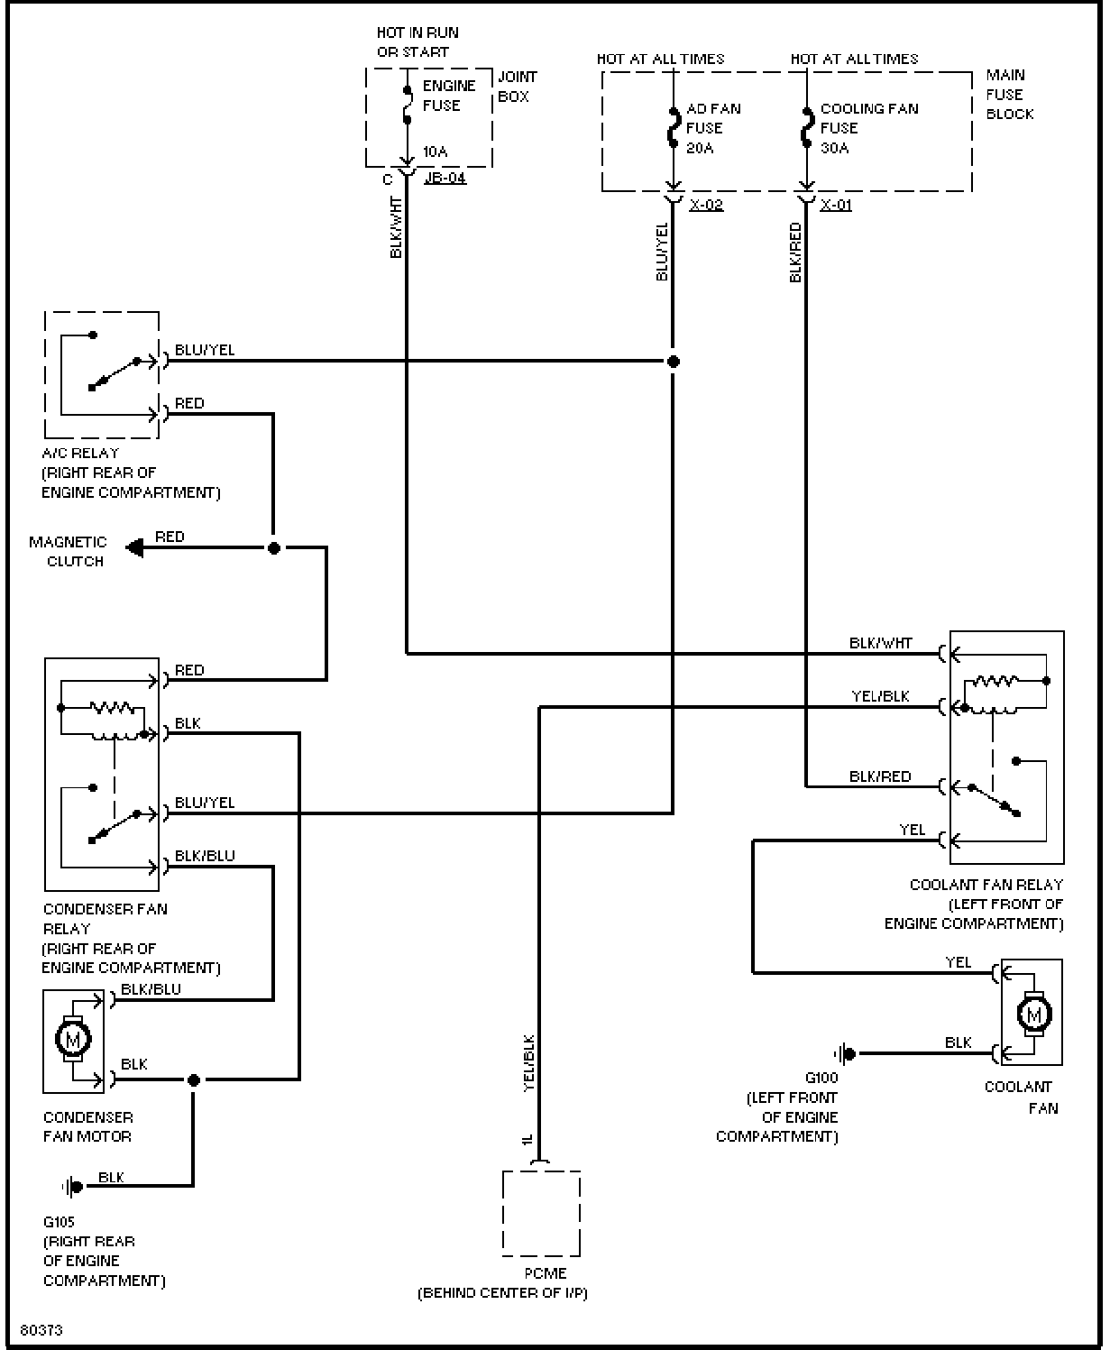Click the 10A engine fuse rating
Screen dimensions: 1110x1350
click(435, 152)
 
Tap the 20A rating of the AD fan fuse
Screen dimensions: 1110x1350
click(700, 148)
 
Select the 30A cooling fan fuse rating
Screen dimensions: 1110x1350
click(835, 148)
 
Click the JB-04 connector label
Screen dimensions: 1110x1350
click(445, 178)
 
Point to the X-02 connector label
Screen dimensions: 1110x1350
click(706, 205)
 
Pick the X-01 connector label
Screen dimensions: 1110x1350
click(836, 205)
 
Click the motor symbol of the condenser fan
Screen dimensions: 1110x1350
click(72, 1038)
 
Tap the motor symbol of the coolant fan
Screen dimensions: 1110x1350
click(1033, 1014)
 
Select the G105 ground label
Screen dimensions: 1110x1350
click(59, 1222)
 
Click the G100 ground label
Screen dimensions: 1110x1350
click(821, 1078)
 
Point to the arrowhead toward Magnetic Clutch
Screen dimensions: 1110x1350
click(134, 548)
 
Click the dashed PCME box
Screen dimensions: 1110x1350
click(541, 1214)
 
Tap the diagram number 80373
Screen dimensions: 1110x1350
click(41, 1330)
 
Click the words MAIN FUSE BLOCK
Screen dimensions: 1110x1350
click(1010, 95)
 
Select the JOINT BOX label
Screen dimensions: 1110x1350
click(518, 87)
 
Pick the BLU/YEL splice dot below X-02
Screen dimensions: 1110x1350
click(673, 362)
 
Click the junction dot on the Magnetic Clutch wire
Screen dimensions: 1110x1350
click(274, 548)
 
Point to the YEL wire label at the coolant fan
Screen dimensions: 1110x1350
click(958, 962)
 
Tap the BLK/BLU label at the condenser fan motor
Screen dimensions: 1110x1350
click(151, 989)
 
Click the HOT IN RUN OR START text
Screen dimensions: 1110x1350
click(417, 42)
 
